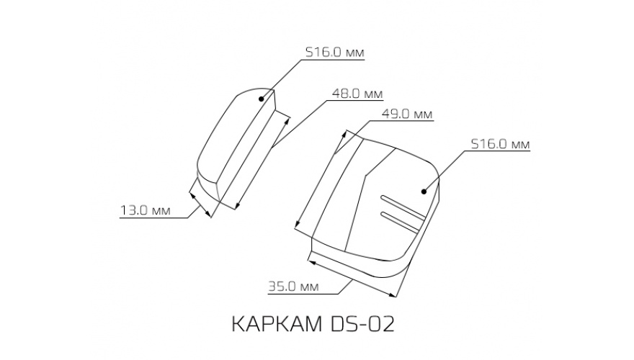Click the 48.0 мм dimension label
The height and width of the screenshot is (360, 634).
pos(357,94)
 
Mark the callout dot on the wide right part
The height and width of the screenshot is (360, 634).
pos(424,191)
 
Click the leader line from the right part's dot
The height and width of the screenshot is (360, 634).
pos(447,172)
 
